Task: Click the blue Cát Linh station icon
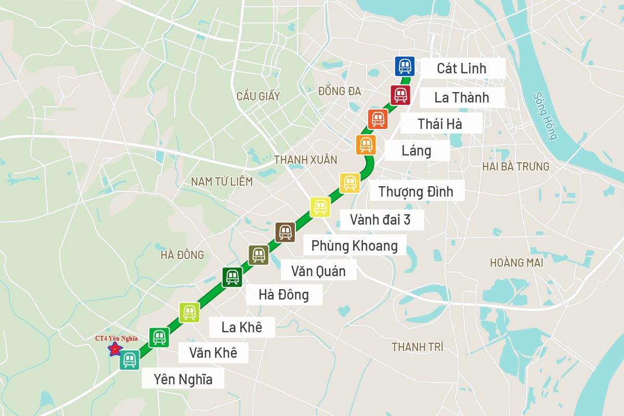click(405, 66)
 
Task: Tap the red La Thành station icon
click(400, 95)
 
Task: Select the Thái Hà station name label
click(440, 124)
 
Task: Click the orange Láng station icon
click(366, 144)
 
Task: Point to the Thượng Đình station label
click(415, 191)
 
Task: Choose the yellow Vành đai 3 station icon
click(320, 207)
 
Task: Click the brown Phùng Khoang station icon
click(285, 231)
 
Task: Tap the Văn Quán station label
click(318, 271)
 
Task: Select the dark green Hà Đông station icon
click(232, 277)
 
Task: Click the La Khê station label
click(242, 328)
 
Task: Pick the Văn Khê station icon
click(159, 337)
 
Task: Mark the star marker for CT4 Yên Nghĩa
click(114, 348)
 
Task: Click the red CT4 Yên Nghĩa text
click(116, 339)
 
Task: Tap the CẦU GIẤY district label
click(258, 96)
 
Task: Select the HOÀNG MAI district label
click(516, 263)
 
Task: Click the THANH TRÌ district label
click(418, 347)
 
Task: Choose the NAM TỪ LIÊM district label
click(222, 181)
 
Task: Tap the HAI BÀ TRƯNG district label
click(516, 167)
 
